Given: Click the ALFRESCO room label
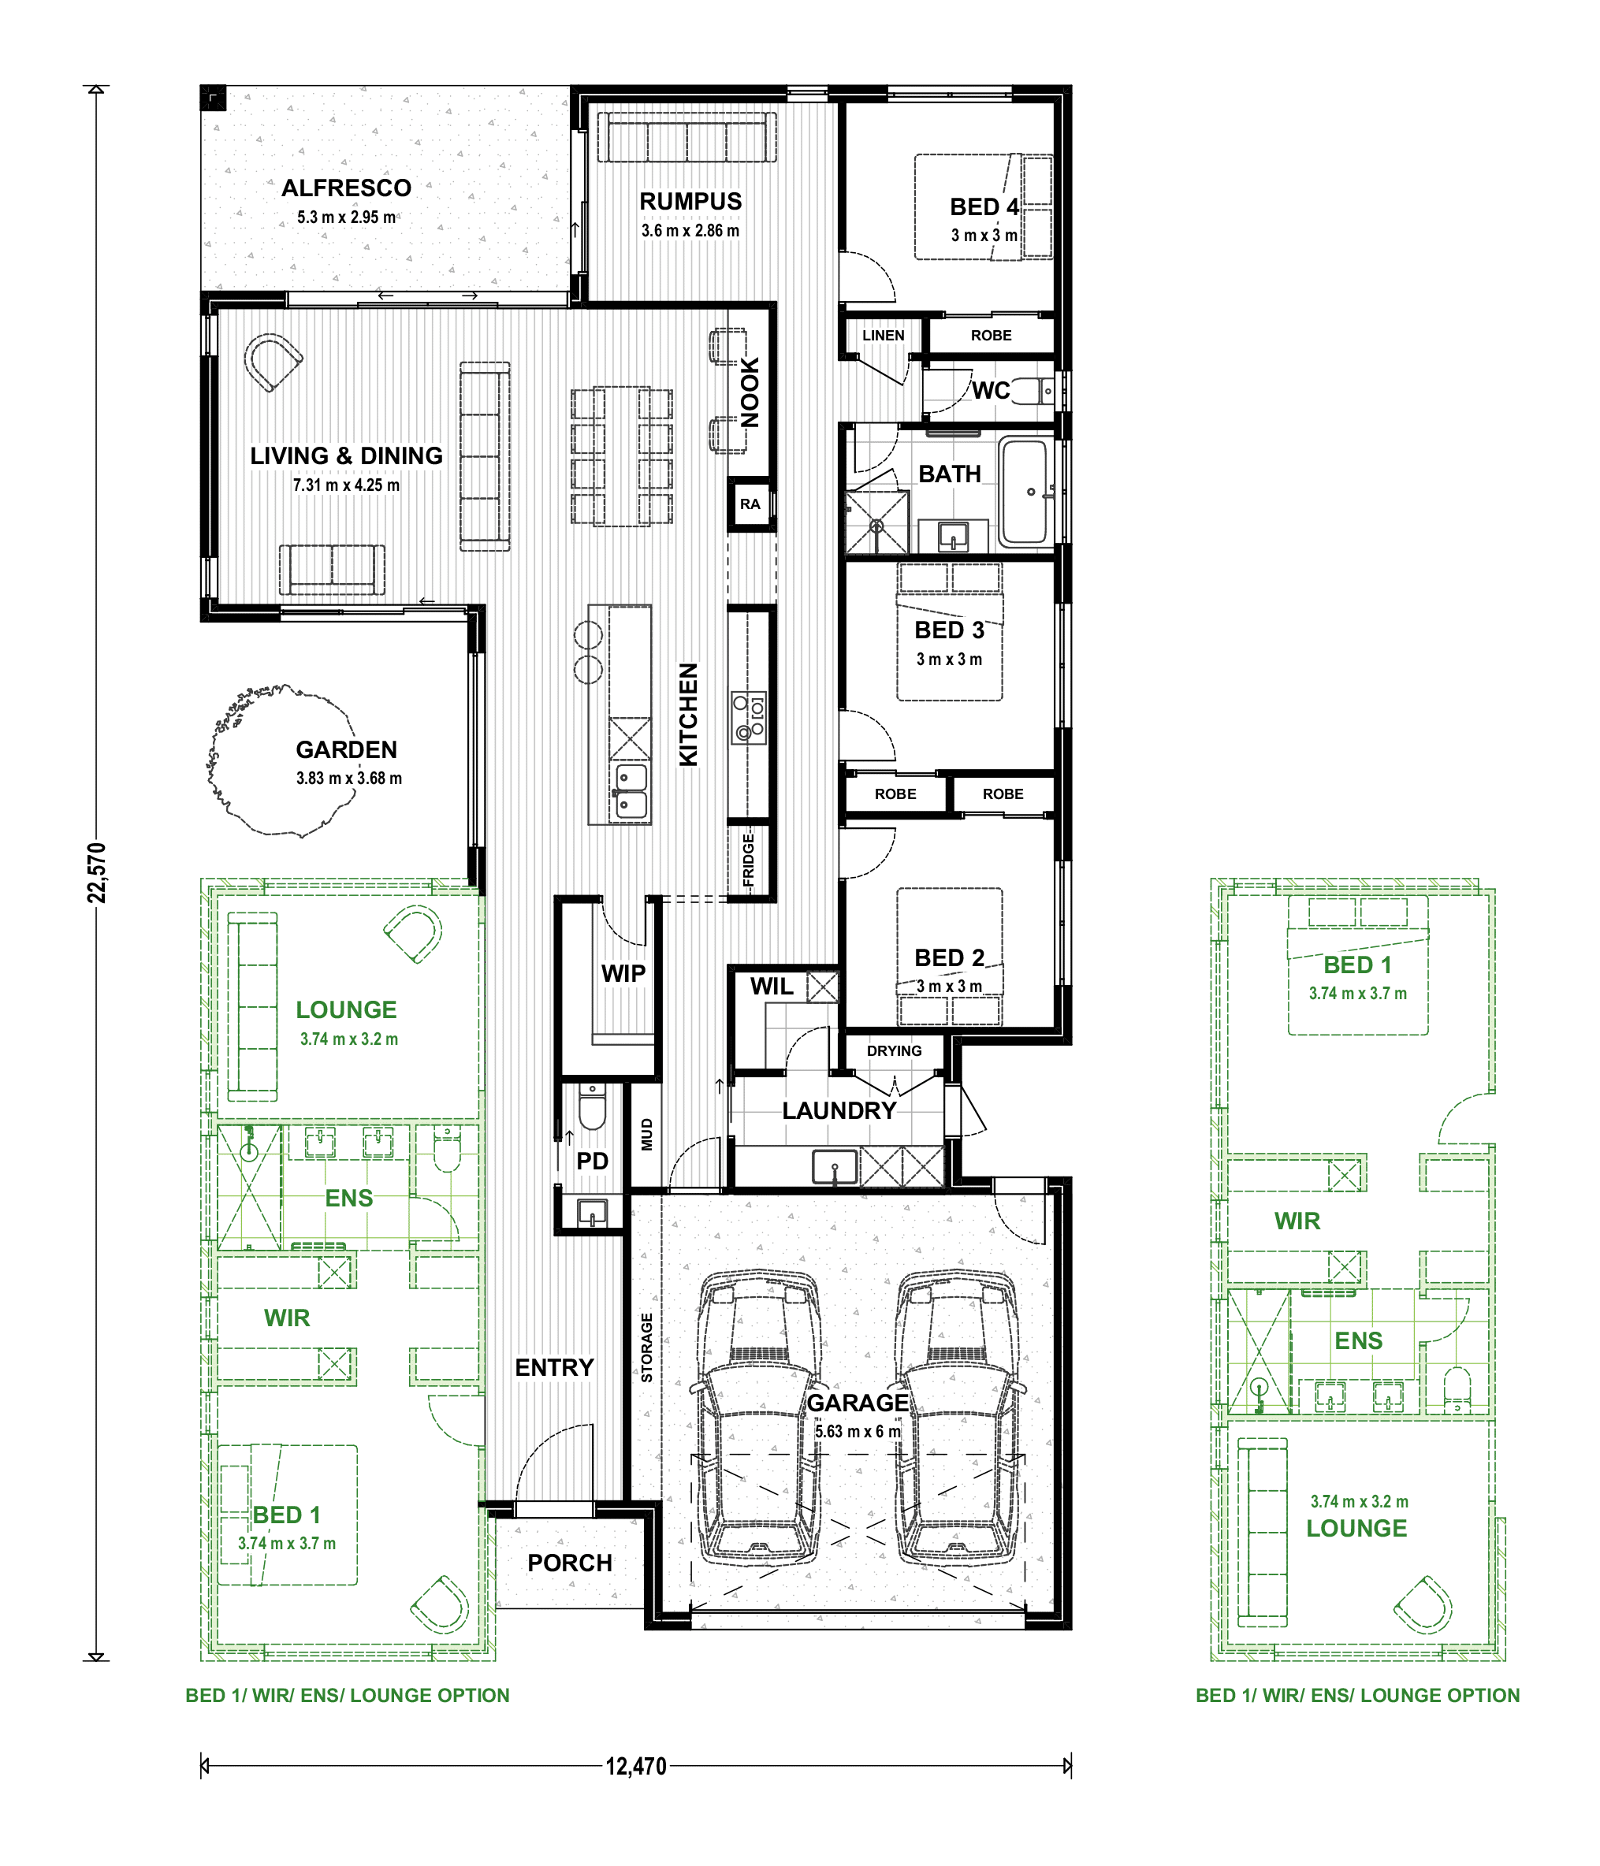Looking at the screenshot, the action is tap(346, 188).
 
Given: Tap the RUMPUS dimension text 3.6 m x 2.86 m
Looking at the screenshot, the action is tap(690, 231).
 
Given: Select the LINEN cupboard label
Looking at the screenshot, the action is tap(883, 335).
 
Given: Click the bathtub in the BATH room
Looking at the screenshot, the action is tap(1027, 492).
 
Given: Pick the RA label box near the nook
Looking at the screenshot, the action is tap(750, 504).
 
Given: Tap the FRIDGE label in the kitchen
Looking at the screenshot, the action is tap(749, 860).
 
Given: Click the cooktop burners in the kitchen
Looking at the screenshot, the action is tap(749, 717).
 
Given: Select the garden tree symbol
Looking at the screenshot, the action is tap(279, 762).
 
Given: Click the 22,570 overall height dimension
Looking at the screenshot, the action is tap(96, 872).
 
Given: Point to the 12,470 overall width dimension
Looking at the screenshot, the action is tap(636, 1766).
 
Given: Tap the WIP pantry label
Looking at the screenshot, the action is tap(623, 973).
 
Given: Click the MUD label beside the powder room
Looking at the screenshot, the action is tap(646, 1135).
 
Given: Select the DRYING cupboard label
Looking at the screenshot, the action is tap(894, 1051).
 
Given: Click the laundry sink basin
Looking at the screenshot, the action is tap(835, 1167).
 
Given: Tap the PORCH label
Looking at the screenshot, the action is tap(569, 1563).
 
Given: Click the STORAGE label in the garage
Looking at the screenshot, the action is tap(646, 1348).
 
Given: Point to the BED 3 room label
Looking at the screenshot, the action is tap(950, 630).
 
